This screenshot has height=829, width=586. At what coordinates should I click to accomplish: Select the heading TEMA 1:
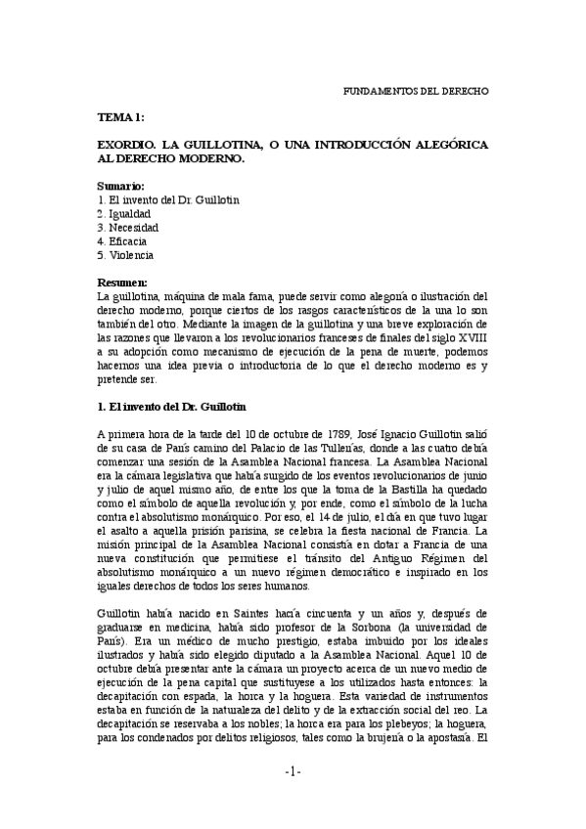point(121,116)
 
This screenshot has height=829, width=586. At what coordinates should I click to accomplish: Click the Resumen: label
point(122,283)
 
